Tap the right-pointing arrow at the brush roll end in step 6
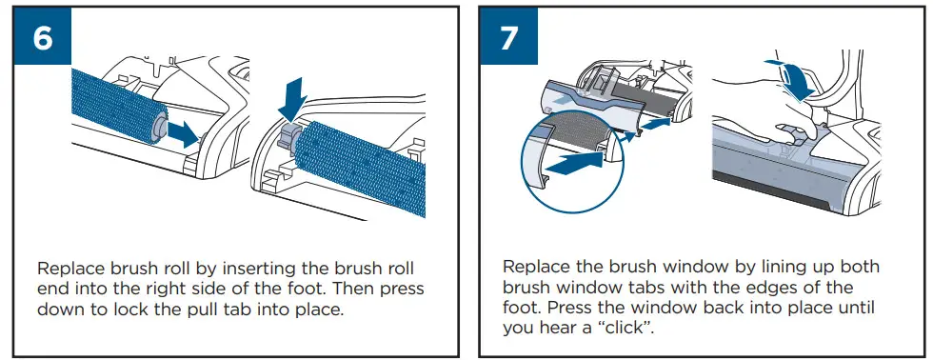183,134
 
